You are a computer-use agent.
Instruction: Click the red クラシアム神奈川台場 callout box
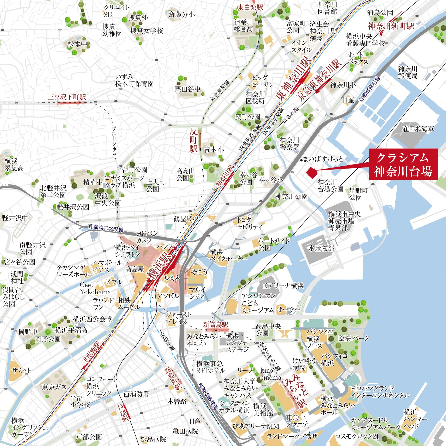tap(403, 164)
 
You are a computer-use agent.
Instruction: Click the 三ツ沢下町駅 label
tap(67, 97)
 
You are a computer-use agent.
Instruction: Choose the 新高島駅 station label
tap(216, 325)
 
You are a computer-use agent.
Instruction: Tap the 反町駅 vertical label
tap(194, 140)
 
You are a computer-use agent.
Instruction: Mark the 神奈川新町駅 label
tap(391, 26)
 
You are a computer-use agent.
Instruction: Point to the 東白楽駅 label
tap(250, 7)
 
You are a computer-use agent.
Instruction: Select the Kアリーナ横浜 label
tap(283, 286)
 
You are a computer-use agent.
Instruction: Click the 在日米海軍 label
tap(418, 129)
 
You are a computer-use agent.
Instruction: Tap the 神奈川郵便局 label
tap(408, 73)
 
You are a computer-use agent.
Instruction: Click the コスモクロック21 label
tap(357, 436)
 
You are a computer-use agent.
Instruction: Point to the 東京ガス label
tap(54, 387)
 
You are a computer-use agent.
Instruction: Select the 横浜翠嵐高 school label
tap(14, 165)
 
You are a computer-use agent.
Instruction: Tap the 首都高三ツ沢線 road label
tap(106, 228)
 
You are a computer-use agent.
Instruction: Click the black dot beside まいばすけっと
tap(301, 160)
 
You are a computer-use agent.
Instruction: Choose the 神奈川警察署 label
tap(289, 143)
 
